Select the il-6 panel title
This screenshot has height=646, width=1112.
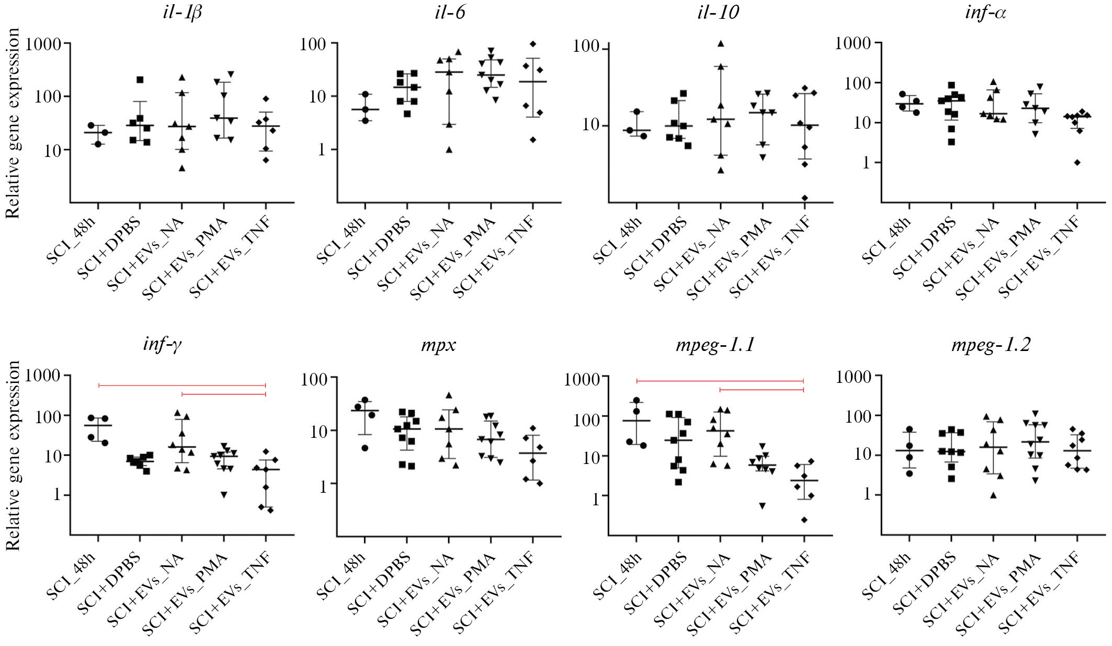449,12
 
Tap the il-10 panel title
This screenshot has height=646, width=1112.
718,12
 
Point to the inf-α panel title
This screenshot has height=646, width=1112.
985,12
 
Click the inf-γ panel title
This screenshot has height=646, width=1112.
162,345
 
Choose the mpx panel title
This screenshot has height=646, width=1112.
438,345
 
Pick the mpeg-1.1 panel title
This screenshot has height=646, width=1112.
714,345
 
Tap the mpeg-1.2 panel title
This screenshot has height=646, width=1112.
991,345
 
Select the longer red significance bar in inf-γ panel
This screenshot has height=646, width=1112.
182,386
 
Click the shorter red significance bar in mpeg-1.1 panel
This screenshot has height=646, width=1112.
762,390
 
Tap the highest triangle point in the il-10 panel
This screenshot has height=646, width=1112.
721,43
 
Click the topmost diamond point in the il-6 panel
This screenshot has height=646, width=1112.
533,43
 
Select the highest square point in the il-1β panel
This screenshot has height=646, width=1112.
140,80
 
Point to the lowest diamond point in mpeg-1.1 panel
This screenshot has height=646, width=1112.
804,519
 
